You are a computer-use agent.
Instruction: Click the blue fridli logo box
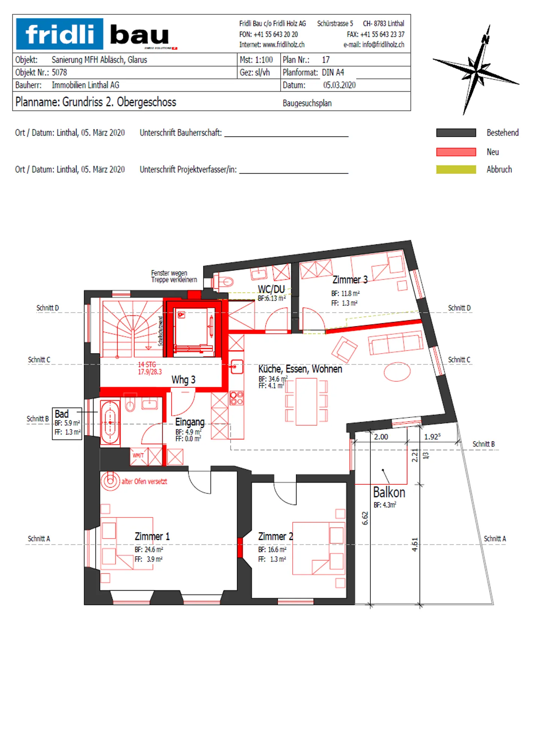[59, 34]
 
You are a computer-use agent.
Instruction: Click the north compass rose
[476, 70]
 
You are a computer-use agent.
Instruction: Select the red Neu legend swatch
[456, 152]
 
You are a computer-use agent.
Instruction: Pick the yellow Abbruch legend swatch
[456, 169]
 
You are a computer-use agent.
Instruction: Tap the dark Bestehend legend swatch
[456, 133]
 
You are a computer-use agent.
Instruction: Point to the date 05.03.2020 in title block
[339, 85]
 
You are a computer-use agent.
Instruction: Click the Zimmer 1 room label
[152, 537]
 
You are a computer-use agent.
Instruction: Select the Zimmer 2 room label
[275, 537]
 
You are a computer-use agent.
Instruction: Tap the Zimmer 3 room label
[350, 280]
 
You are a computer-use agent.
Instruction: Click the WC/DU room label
[271, 289]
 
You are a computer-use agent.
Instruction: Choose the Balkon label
[389, 492]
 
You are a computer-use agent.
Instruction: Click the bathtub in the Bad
[110, 422]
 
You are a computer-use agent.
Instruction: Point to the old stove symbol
[110, 481]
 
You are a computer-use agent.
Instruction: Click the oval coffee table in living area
[397, 372]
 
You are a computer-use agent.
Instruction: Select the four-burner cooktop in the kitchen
[237, 398]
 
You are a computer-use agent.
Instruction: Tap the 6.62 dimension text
[365, 518]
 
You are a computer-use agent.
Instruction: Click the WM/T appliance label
[138, 455]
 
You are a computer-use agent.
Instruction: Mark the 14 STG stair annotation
[147, 364]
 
